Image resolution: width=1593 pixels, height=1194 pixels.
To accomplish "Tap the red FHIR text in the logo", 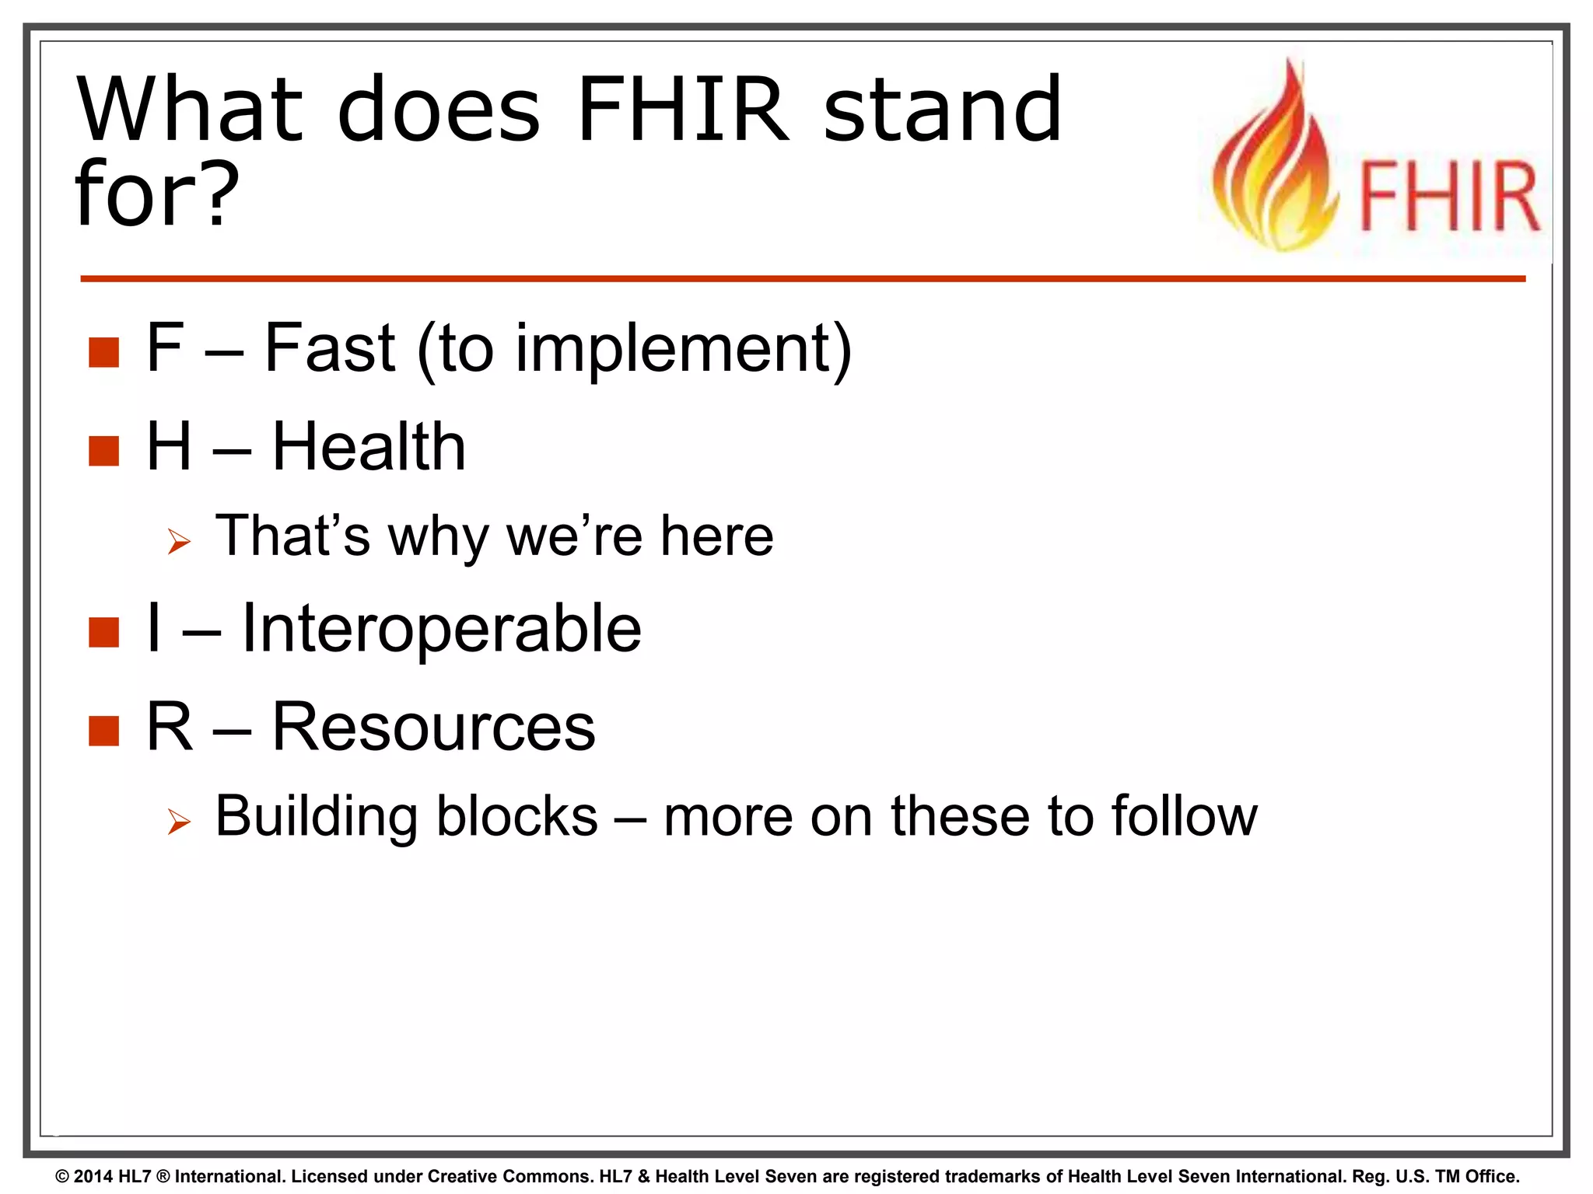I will point(1448,197).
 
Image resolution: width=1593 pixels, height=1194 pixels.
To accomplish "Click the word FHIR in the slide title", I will point(682,110).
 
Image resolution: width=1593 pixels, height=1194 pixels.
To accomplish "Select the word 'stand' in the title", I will point(942,110).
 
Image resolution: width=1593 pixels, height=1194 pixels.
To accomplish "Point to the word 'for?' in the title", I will point(156,194).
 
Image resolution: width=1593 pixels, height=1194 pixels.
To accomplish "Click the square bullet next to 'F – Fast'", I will point(103,352).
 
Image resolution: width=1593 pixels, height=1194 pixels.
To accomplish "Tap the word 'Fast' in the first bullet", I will point(330,348).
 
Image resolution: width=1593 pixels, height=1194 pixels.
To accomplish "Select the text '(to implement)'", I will point(635,350).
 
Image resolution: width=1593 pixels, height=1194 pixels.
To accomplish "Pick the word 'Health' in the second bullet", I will point(369,447).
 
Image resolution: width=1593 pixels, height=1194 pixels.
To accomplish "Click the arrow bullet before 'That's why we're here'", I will point(179,542).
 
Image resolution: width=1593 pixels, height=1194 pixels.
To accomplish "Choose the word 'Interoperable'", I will point(441,630).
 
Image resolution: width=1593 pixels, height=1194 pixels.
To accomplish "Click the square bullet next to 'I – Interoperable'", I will point(103,633).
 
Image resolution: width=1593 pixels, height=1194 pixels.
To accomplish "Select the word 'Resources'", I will point(433,728).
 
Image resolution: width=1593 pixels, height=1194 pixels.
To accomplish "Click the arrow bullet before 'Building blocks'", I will point(179,822).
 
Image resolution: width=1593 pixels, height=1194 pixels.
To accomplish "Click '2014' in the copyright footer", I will point(93,1176).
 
